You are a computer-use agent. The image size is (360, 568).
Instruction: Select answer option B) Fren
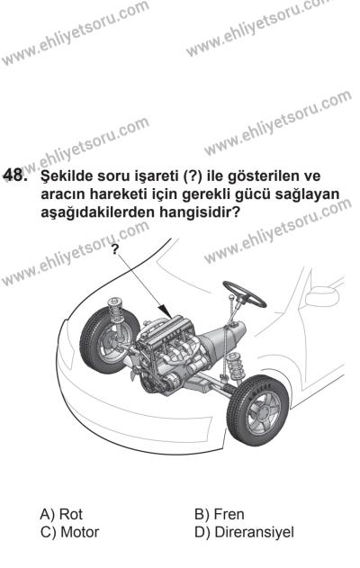(215, 514)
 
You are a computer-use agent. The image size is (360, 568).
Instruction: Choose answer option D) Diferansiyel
(238, 532)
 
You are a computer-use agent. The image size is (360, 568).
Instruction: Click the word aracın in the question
(58, 196)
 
